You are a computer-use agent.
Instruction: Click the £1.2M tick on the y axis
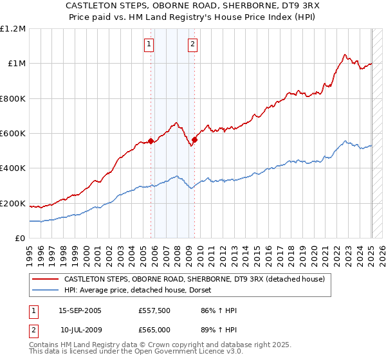coord(13,29)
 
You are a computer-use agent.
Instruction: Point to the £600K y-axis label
coord(13,134)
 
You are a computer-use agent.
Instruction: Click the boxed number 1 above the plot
coord(149,44)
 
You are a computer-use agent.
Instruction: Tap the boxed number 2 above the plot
coord(192,44)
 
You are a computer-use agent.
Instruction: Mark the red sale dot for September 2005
coord(151,141)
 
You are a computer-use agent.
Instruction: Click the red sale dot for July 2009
coord(194,139)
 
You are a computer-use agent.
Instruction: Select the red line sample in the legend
coord(45,280)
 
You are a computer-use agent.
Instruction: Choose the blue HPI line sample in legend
coord(45,291)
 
